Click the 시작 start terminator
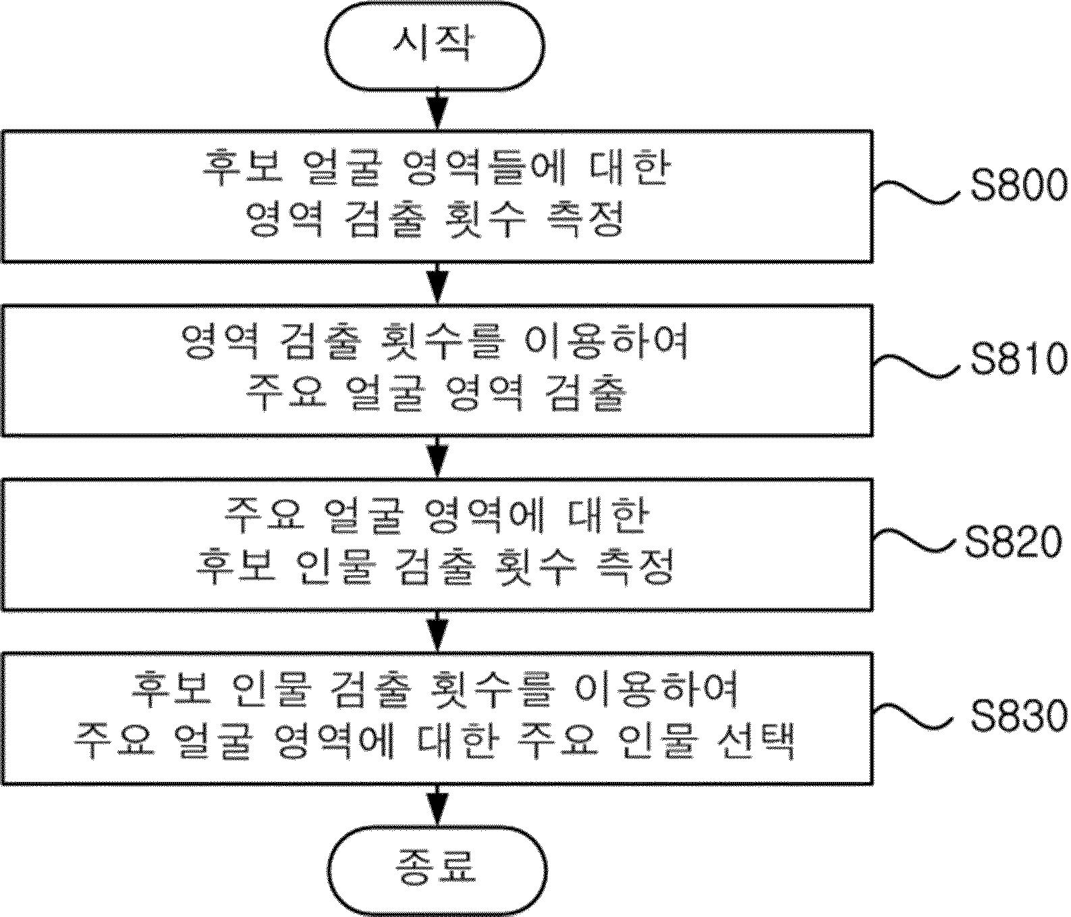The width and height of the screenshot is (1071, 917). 435,45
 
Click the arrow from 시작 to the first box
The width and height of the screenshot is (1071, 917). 437,109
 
